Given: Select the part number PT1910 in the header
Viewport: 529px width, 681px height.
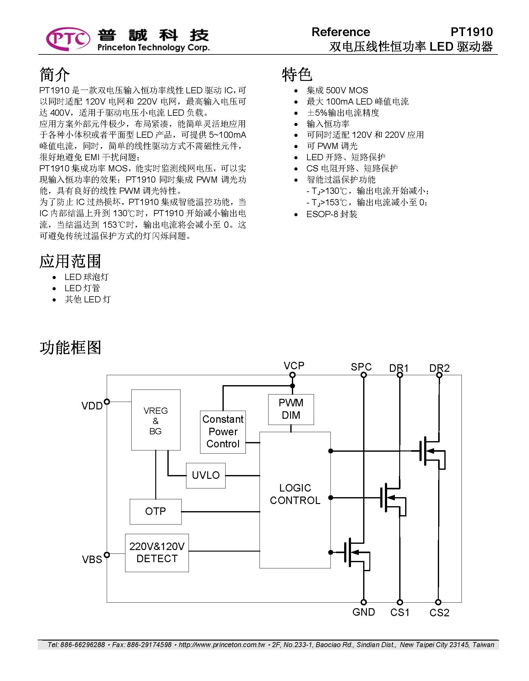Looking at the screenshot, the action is [x=472, y=32].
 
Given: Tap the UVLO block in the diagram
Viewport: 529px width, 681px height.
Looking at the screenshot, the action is [x=206, y=475].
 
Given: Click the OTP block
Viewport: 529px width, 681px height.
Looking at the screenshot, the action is [x=156, y=511].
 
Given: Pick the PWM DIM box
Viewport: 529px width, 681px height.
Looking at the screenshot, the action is [x=291, y=409].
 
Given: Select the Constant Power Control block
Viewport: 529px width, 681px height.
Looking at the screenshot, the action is [x=223, y=432].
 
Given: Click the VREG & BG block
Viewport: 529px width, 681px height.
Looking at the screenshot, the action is [x=156, y=420].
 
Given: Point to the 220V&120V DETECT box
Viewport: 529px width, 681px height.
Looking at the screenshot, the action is [x=157, y=553].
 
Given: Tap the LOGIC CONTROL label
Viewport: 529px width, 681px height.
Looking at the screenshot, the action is [x=295, y=494].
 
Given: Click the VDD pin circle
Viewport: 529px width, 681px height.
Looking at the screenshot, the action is [x=107, y=402].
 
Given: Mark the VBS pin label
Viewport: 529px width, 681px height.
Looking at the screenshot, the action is [x=92, y=559].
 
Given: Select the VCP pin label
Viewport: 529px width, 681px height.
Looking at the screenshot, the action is [x=294, y=366].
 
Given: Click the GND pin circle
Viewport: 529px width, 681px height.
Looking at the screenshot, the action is [x=363, y=602].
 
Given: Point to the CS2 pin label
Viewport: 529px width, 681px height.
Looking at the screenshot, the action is [x=439, y=613].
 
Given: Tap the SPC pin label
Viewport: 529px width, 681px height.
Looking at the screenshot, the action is [x=361, y=367].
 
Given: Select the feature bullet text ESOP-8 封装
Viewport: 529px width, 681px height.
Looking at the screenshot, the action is [x=332, y=214].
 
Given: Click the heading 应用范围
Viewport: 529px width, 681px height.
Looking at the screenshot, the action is [x=70, y=261].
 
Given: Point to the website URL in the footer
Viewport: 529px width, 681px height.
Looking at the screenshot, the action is [x=222, y=645].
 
